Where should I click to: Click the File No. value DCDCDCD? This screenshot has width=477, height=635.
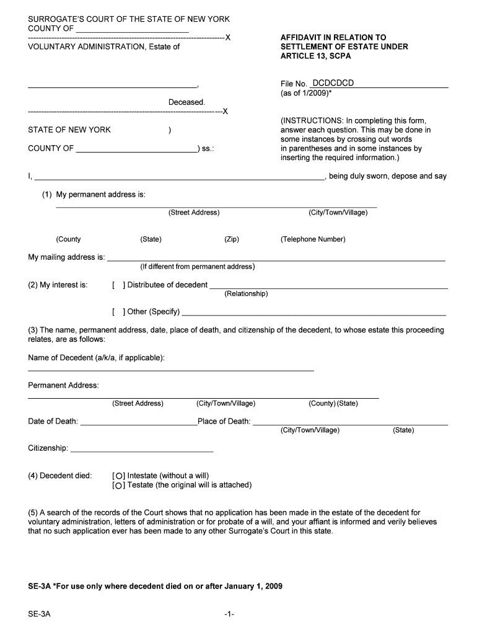[x=333, y=83]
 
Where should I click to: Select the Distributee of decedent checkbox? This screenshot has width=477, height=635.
[x=119, y=285]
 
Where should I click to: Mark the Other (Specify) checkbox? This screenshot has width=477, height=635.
[x=119, y=311]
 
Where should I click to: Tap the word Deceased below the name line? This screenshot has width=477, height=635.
[x=186, y=102]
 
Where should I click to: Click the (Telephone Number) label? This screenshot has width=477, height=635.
[x=313, y=239]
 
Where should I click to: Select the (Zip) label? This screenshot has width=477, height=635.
[x=231, y=239]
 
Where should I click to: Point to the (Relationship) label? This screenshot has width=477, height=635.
[x=246, y=294]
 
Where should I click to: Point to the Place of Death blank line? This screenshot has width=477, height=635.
[x=350, y=422]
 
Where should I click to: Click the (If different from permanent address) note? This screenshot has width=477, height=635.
[x=197, y=267]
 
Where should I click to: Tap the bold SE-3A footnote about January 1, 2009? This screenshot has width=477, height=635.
[x=155, y=586]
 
